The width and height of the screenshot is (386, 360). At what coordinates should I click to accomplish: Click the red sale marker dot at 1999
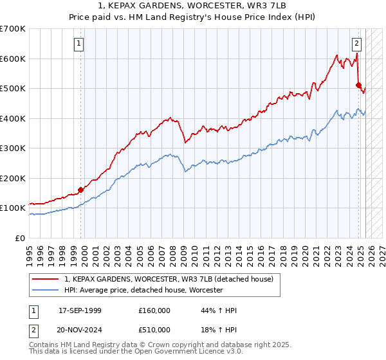81,190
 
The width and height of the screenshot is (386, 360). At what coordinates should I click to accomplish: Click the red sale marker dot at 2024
358,84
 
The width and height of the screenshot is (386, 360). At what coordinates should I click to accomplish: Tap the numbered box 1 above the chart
78,44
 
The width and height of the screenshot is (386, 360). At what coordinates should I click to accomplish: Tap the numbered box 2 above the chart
356,44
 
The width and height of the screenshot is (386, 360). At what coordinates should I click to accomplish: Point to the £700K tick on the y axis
14,29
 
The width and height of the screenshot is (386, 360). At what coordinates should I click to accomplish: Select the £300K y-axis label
14,148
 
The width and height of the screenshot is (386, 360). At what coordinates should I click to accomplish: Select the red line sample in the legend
46,279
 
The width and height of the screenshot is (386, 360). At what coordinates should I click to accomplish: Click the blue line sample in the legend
46,290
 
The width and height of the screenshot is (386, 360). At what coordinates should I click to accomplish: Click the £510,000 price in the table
154,330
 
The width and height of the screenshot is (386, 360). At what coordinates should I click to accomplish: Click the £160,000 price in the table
154,310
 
